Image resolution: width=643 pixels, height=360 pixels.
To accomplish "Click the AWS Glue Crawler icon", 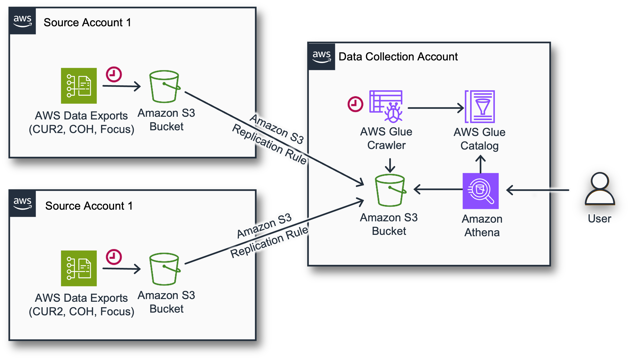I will tap(386, 106).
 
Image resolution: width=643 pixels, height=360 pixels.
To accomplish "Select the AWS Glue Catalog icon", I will tap(480, 106).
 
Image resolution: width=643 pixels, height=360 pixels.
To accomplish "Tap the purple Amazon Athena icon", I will tap(480, 191).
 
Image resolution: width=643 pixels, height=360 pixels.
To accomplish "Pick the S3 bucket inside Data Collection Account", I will tap(390, 190).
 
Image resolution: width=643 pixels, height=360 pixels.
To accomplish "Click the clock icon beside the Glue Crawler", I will tap(355, 104).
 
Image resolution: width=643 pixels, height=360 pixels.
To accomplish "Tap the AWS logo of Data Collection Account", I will tap(321, 56).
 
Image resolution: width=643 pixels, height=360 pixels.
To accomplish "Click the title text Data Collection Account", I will tap(398, 57).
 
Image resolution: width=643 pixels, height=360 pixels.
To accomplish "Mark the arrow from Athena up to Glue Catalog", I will tap(480, 164).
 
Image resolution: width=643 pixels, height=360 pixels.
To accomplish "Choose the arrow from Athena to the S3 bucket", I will tap(438, 189).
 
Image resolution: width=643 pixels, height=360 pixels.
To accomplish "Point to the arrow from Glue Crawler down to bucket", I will tap(390, 165).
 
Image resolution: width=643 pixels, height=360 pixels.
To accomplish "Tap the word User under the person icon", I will tap(600, 219).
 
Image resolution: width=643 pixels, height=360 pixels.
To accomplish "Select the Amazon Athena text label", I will tap(482, 226).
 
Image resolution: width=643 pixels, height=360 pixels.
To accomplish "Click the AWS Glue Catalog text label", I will tap(479, 139).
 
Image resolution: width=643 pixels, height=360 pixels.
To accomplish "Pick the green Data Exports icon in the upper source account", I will tap(79, 86).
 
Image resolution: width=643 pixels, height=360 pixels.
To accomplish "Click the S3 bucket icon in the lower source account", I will tap(164, 269).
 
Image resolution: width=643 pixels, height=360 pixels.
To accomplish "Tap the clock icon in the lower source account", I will tap(114, 257).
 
